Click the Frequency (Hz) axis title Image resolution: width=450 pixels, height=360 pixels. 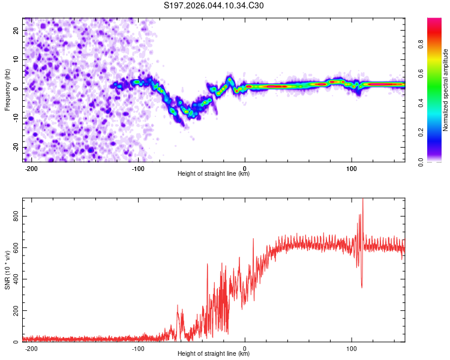click(7, 90)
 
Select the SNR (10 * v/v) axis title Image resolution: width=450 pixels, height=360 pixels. click(7, 270)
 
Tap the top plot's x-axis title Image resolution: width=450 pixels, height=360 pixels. click(214, 173)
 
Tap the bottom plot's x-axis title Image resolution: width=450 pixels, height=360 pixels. click(214, 353)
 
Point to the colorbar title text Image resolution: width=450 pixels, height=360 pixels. click(445, 90)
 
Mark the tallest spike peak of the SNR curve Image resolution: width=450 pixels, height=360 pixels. click(362, 200)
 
